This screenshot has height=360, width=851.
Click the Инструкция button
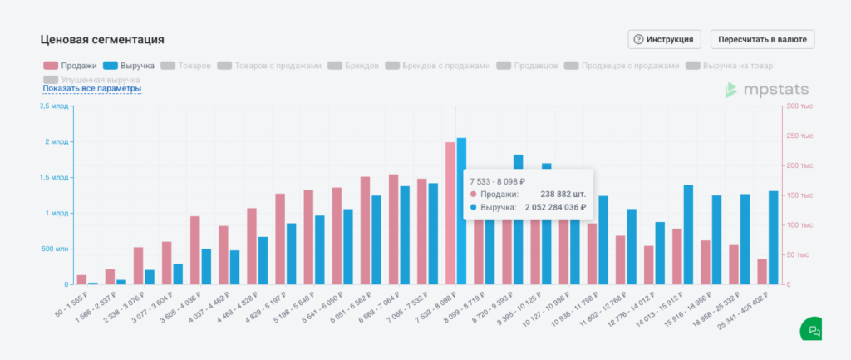[x=665, y=39]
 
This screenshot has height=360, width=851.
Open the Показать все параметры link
[x=91, y=88]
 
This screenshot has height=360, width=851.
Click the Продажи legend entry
[x=71, y=65]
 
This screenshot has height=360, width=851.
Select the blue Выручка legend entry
[x=130, y=65]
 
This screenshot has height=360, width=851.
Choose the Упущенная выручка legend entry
[x=91, y=79]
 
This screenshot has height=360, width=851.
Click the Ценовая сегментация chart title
[x=102, y=39]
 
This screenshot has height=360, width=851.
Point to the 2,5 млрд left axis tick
[x=55, y=106]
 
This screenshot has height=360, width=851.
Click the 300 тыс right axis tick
[x=799, y=106]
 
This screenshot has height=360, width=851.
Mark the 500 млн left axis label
[x=55, y=249]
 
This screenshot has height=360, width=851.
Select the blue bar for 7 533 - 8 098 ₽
[x=461, y=211]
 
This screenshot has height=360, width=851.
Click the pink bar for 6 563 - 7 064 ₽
[x=393, y=229]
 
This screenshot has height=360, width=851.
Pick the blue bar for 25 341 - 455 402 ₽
[x=773, y=238]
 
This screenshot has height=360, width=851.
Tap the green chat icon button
[x=813, y=330]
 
